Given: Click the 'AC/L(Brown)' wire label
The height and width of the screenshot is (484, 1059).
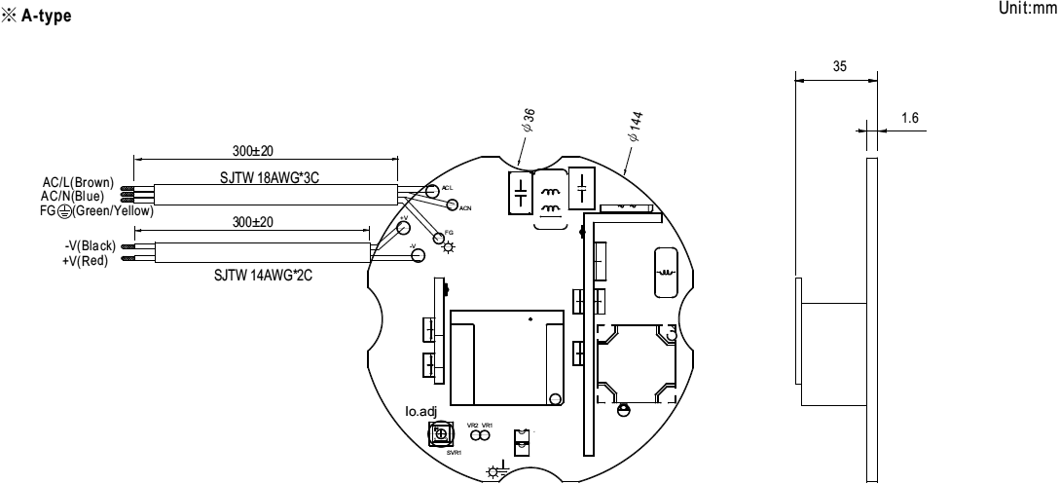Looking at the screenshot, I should pos(79,182).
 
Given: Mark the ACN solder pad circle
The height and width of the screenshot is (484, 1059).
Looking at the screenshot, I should pos(452,204).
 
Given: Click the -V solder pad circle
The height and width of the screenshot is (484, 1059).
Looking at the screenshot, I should pos(418,256).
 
